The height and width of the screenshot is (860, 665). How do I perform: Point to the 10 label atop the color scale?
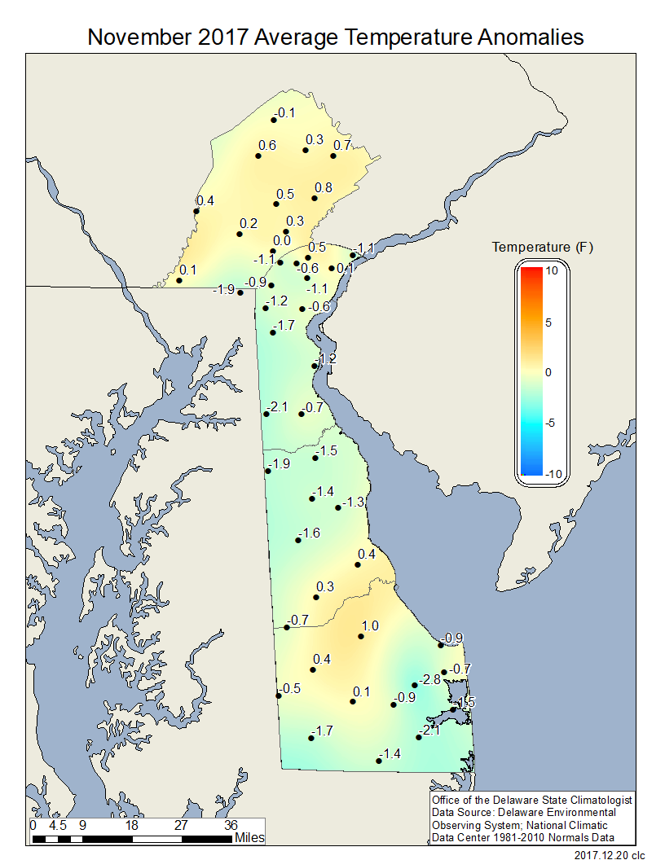(552, 272)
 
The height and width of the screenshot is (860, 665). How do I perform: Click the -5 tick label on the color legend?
(549, 423)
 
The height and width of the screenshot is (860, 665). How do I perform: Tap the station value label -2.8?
(430, 678)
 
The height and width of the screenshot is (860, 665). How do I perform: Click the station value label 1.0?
(370, 626)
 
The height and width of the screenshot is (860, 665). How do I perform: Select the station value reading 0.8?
(324, 187)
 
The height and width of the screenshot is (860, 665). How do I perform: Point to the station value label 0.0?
(282, 240)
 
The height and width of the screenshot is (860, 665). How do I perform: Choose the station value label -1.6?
(310, 533)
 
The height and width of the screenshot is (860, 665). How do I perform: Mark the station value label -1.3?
(354, 502)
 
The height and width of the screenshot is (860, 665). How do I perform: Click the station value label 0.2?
(249, 223)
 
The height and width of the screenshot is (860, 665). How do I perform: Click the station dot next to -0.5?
(279, 695)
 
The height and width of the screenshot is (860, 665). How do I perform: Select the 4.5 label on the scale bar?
(57, 824)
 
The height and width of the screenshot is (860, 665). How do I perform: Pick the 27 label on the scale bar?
(182, 824)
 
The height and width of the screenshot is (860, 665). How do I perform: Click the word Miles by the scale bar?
(249, 837)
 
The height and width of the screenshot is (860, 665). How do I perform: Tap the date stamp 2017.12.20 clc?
(610, 854)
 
